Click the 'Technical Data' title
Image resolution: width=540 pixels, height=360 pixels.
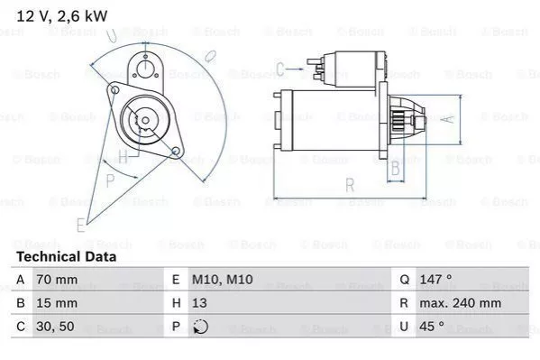tap(66, 257)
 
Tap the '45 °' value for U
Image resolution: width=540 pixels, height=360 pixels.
tap(430, 327)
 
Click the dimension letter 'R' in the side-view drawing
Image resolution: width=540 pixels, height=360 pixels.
tap(350, 185)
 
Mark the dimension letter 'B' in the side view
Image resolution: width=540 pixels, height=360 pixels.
tap(394, 168)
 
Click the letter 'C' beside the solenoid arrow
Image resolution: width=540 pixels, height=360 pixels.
tap(280, 67)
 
